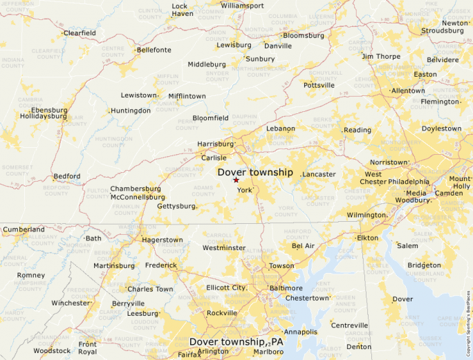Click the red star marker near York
point(236,180)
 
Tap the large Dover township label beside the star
point(255,172)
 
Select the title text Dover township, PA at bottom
point(236,342)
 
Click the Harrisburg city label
point(216,144)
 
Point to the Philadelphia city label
point(408,182)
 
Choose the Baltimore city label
point(286,287)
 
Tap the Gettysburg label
point(176,206)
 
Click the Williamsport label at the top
point(242,6)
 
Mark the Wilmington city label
point(366,215)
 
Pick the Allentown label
point(408,91)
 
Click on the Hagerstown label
point(162,240)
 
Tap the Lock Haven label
point(182,10)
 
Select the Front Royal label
point(87,348)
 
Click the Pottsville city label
point(319,85)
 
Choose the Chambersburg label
point(136,189)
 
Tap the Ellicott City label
point(226,287)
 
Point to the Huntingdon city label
point(131,111)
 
